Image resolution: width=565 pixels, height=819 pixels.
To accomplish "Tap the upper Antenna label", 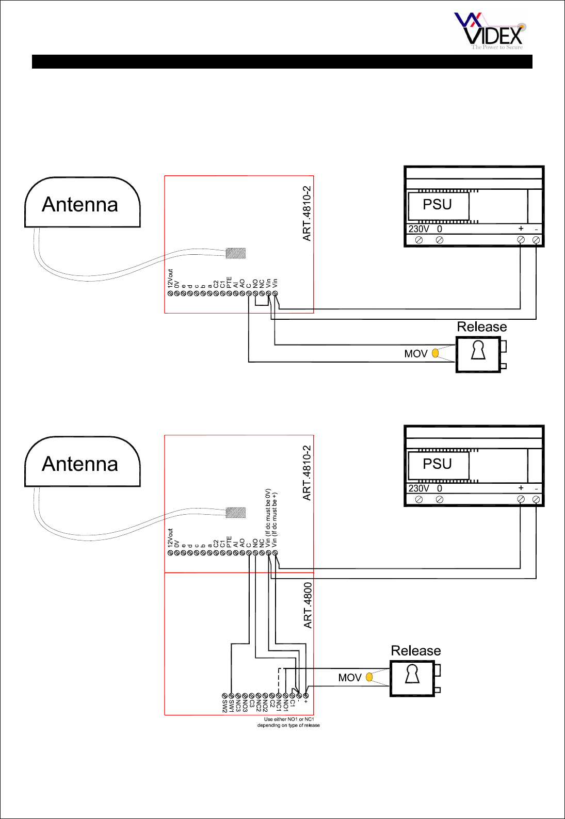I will coord(80,205).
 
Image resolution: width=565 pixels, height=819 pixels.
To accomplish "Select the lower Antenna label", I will coord(80,464).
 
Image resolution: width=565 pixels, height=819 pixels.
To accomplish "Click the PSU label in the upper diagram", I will coord(437,205).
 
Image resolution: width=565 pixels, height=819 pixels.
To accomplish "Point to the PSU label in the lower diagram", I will coord(437,464).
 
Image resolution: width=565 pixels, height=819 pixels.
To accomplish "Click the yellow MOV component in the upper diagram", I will coord(435,353).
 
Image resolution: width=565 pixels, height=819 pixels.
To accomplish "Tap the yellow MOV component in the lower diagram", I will coord(369,677).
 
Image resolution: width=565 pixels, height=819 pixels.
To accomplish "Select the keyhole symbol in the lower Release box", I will coord(412,674).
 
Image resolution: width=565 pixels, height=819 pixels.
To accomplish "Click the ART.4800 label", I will coord(308,605).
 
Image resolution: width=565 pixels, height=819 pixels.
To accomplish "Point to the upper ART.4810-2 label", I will coord(307,214).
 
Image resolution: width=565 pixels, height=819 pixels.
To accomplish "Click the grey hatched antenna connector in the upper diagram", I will coord(236,253).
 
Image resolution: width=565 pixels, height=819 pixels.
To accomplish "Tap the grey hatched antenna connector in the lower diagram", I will coord(236,513).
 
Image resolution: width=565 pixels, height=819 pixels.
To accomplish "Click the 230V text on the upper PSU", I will coord(418,229).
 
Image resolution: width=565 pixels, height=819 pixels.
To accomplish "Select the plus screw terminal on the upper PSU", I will coord(521,240).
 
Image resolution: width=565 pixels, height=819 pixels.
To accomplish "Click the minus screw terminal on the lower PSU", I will coord(537,499).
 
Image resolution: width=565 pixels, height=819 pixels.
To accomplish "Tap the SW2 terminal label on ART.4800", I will coord(225,707).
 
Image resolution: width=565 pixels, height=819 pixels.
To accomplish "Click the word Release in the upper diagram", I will coord(482,327).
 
